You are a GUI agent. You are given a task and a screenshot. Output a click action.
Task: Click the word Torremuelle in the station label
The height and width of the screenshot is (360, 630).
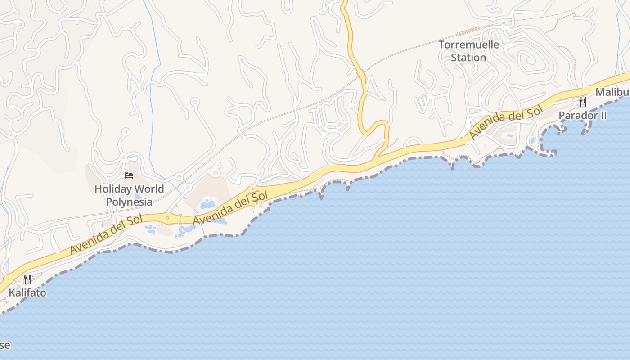pyautogui.click(x=468, y=45)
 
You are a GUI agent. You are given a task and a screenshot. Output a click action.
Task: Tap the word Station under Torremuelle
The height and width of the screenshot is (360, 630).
pyautogui.click(x=468, y=58)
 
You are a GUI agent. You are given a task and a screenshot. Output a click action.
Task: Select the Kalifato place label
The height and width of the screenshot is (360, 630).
pyautogui.click(x=27, y=292)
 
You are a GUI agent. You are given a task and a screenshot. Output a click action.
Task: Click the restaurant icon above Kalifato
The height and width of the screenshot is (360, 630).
pyautogui.click(x=27, y=279)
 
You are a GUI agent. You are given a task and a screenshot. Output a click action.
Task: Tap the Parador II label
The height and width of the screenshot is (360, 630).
pyautogui.click(x=582, y=116)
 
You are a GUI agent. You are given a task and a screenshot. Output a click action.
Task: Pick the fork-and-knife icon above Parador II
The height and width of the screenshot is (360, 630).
pyautogui.click(x=583, y=102)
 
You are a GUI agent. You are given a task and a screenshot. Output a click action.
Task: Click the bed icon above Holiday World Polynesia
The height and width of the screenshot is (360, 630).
pyautogui.click(x=129, y=175)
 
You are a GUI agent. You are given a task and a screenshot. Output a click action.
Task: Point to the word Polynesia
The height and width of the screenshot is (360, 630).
pyautogui.click(x=129, y=202)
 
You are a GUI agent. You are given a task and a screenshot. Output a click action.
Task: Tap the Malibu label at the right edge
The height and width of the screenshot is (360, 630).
pyautogui.click(x=612, y=92)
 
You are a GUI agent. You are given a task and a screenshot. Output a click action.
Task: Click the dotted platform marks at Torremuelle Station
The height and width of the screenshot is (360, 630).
pyautogui.click(x=468, y=31)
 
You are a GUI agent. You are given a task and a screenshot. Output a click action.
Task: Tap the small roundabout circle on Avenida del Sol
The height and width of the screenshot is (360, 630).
pyautogui.click(x=167, y=218)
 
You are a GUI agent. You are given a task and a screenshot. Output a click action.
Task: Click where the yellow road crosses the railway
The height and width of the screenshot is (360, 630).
pyautogui.click(x=360, y=72)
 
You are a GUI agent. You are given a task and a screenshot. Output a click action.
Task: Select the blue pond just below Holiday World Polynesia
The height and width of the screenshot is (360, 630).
pyautogui.click(x=138, y=197)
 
